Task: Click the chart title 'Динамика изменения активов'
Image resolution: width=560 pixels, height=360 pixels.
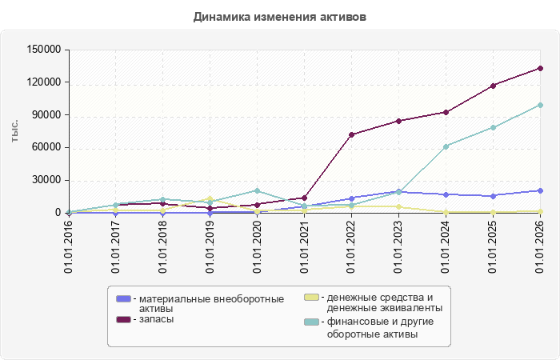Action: pos(280,17)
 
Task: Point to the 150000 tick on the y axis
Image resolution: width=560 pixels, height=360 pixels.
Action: pos(44,50)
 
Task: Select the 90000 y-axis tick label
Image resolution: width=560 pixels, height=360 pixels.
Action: pos(46,114)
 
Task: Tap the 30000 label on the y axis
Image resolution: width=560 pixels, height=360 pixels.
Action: pos(46,180)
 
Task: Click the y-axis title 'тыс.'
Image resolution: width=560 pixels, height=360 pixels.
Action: pos(14,131)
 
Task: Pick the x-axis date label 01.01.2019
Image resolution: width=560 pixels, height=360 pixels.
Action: pos(210,247)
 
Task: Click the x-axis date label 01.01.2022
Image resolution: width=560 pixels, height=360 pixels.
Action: pos(351,247)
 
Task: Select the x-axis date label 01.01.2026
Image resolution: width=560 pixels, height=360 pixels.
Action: pos(540,247)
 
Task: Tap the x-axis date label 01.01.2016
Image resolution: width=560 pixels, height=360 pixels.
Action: pos(69,247)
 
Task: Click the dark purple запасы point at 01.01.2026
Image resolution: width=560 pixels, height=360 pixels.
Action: pos(540,68)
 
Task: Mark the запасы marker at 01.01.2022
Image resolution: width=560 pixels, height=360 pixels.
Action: pos(351,134)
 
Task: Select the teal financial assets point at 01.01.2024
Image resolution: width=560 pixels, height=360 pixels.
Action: pos(446,146)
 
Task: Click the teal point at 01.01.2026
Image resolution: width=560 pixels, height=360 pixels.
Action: pos(540,105)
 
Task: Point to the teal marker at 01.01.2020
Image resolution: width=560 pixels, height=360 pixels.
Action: pos(257,190)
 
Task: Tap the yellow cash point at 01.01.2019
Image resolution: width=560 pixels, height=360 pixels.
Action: pos(210,198)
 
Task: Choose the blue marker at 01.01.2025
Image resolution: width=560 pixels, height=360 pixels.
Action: pos(494,196)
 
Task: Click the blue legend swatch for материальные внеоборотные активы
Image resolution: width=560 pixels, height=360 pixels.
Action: pos(123,298)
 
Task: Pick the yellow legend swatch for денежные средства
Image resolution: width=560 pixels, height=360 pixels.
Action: pos(311,297)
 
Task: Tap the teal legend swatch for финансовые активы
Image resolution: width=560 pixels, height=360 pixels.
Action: pos(311,322)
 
